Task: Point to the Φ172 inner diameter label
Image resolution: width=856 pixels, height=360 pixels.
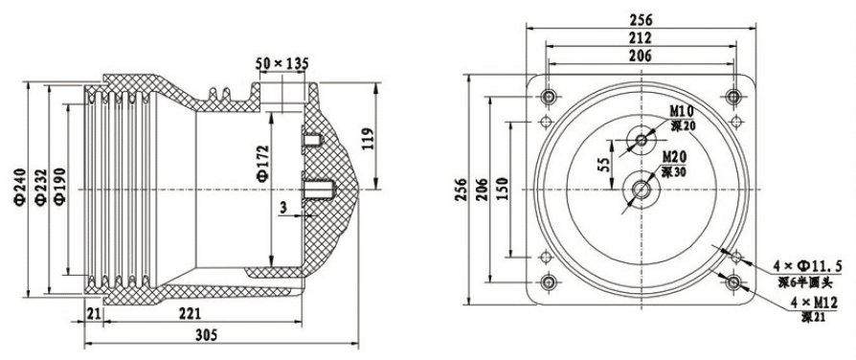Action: (262, 163)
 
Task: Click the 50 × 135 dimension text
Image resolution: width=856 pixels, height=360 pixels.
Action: (282, 63)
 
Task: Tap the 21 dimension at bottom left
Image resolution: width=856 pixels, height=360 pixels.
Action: (93, 313)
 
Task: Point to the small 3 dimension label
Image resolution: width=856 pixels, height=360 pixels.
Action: (282, 207)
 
